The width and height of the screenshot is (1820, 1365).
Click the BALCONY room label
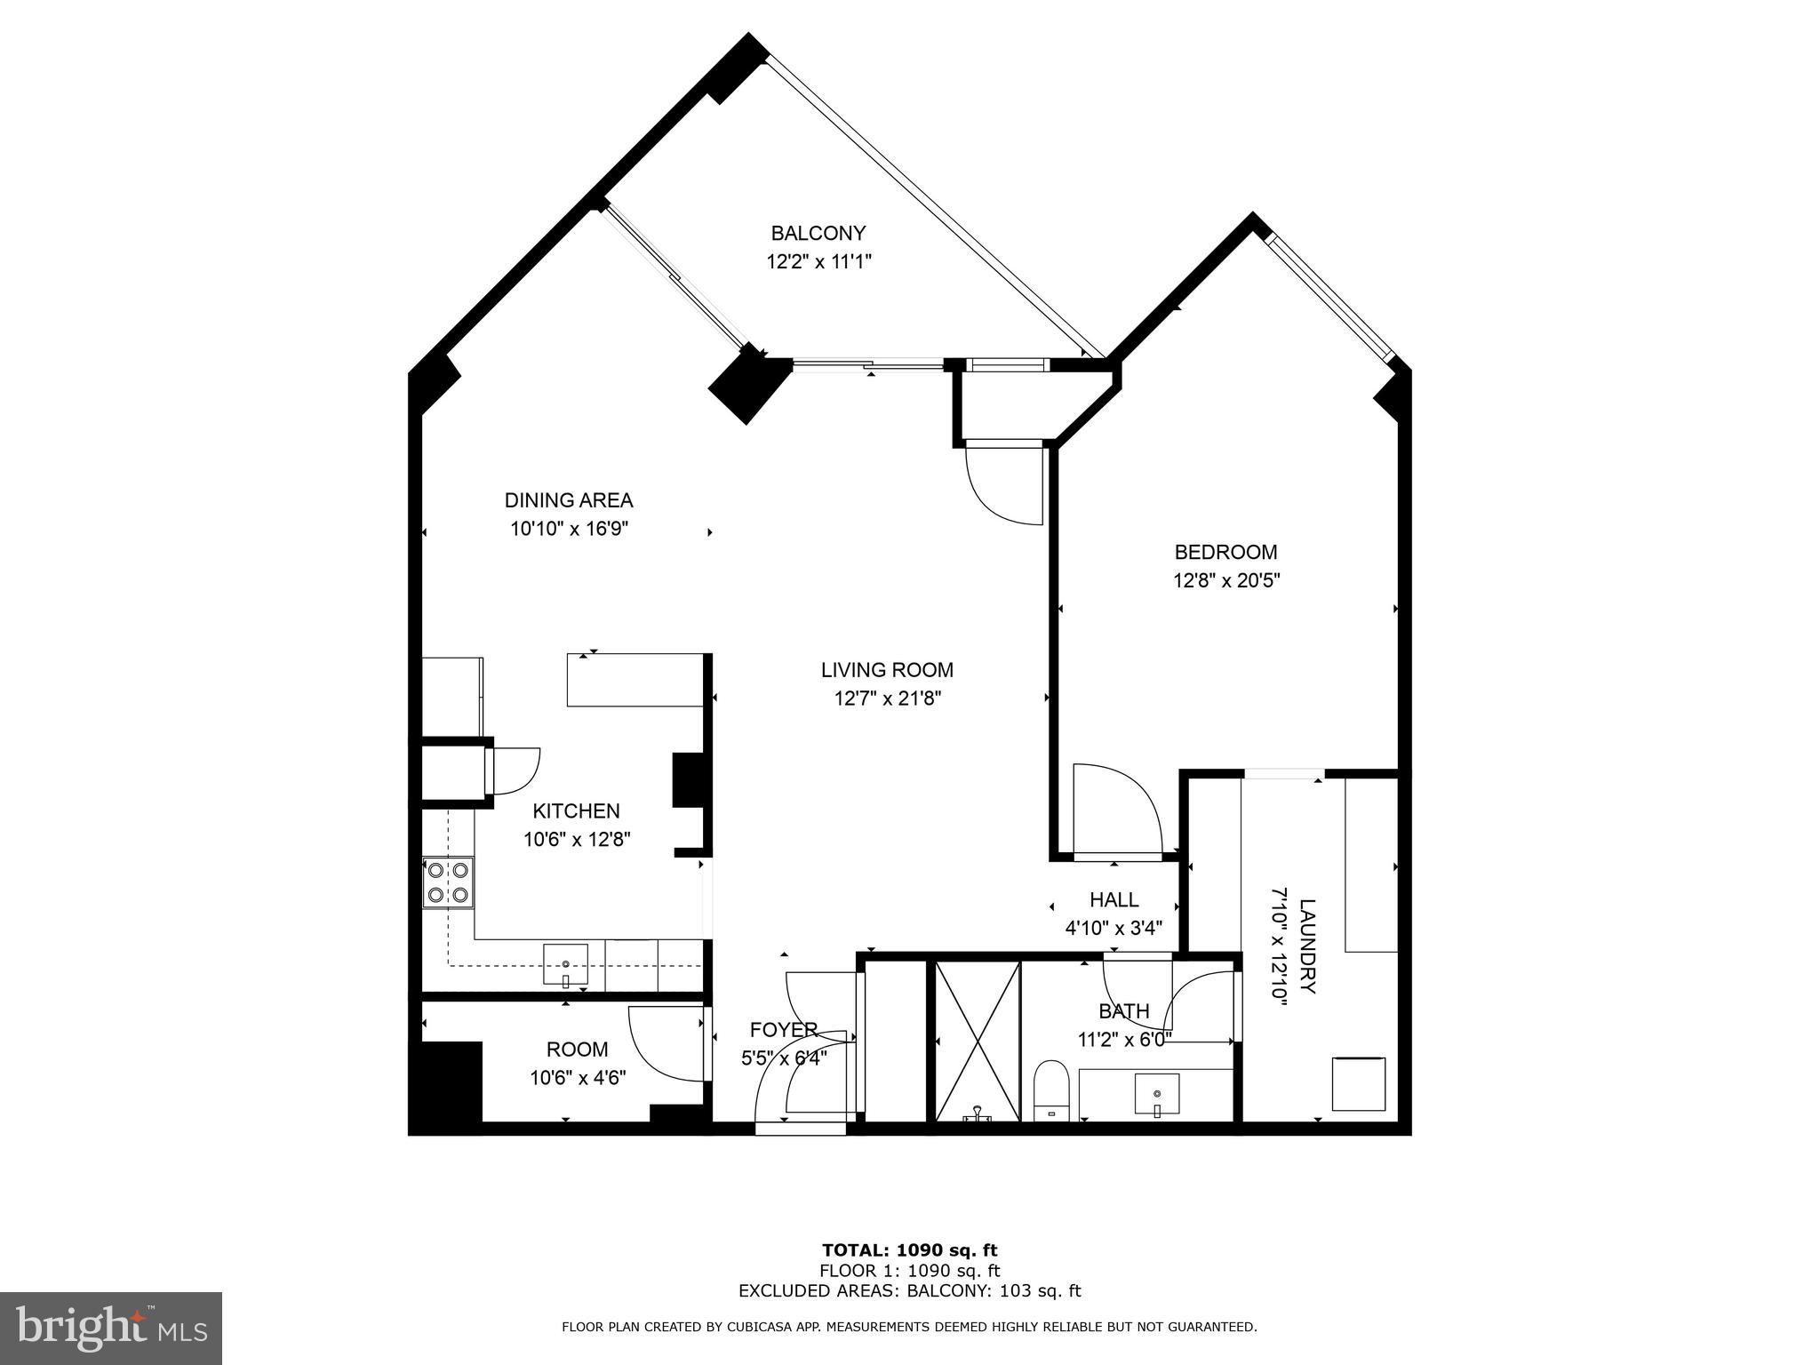[x=818, y=234]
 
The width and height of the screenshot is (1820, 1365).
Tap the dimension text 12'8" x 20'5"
[x=1225, y=581]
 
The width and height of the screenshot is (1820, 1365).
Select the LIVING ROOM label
[x=886, y=670]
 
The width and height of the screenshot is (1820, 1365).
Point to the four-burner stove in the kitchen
[x=448, y=882]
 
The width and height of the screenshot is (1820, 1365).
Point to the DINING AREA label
[x=569, y=500]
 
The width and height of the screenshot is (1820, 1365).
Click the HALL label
[x=1114, y=900]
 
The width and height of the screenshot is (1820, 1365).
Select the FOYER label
[x=783, y=1030]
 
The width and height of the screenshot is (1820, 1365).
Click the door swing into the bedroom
[x=1115, y=808]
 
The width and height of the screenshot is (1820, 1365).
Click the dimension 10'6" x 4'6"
[x=578, y=1078]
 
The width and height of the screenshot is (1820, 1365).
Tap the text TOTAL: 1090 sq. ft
[x=909, y=1251]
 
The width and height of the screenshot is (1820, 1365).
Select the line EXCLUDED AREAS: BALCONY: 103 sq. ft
[x=909, y=1291]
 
